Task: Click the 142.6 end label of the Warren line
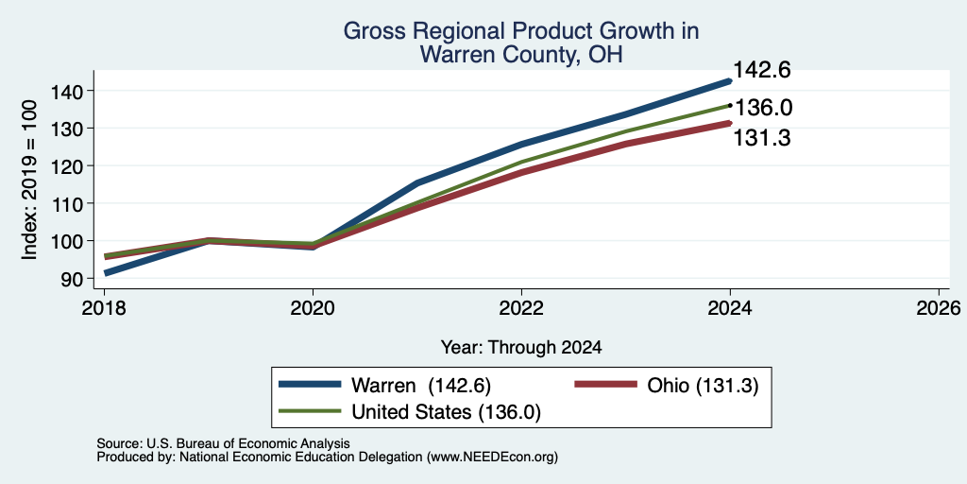pos(762,70)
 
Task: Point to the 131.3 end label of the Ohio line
pos(762,138)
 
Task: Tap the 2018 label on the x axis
pos(104,308)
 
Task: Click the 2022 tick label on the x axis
pos(521,308)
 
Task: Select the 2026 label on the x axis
pos(939,308)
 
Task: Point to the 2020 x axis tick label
pos(313,308)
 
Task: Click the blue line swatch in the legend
pos(310,384)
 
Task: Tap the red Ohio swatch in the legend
pos(605,384)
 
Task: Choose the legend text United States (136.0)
pos(446,412)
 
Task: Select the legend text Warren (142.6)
pos(421,386)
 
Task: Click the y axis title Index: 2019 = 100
pos(29,180)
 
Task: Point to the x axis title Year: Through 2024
pos(521,348)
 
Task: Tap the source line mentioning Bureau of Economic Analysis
pos(223,443)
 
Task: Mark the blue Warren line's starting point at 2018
pos(106,273)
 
